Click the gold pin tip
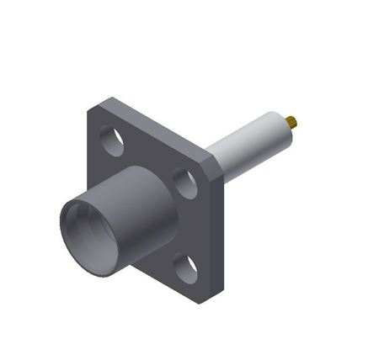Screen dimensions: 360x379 (291, 121)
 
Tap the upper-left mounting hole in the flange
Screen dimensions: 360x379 (111, 140)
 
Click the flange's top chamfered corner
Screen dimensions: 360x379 (103, 103)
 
